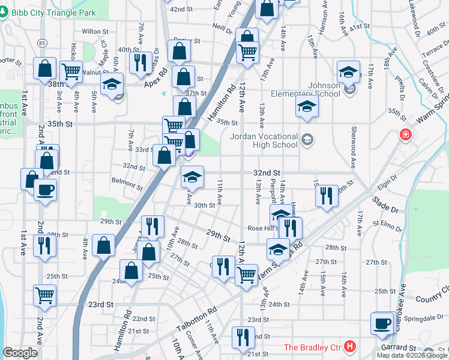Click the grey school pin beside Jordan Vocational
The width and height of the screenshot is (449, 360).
coord(307,139)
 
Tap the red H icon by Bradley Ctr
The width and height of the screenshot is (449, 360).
coord(351,347)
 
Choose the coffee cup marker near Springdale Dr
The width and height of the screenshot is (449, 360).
coord(381,323)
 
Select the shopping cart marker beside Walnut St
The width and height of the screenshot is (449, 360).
coord(71,71)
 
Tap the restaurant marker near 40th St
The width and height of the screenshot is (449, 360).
coord(140,62)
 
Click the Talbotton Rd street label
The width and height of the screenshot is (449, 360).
coord(196,320)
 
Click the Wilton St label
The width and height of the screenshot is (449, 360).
coord(95,31)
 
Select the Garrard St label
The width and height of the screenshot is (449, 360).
coord(396,347)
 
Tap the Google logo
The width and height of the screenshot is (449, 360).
coord(20,353)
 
